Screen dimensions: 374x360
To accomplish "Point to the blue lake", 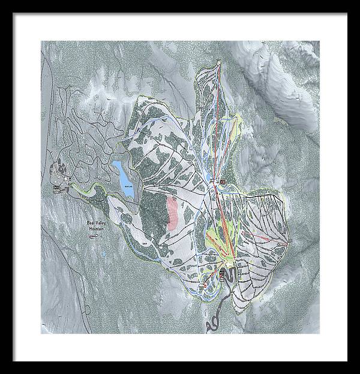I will [x=124, y=173].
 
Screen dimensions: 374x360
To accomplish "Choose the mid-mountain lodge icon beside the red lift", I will [x=223, y=180].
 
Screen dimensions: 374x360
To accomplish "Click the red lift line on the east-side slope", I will [x=264, y=240].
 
